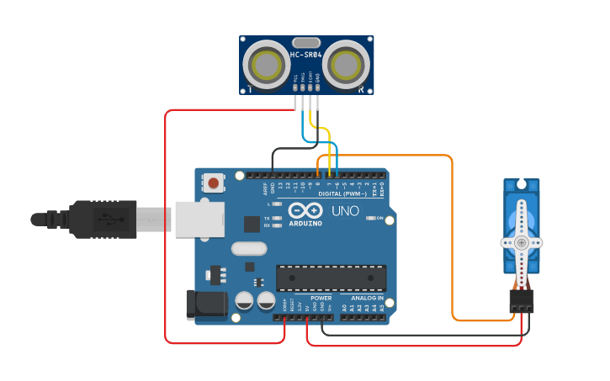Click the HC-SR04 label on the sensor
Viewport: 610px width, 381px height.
pos(305,55)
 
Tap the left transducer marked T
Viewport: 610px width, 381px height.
pos(267,65)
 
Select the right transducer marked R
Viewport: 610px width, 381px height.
pos(346,65)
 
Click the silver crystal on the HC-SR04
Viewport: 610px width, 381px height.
pos(305,42)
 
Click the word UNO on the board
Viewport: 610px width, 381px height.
pos(344,210)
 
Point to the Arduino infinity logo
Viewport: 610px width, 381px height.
pos(305,209)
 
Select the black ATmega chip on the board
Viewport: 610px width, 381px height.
pos(331,278)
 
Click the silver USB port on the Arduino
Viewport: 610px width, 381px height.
pos(199,220)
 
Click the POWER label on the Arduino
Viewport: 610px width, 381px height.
pos(321,298)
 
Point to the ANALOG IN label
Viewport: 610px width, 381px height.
pos(368,298)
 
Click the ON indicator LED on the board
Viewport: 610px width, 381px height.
pos(371,219)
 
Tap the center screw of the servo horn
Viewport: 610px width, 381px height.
pos(521,242)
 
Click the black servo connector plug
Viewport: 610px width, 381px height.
pos(521,300)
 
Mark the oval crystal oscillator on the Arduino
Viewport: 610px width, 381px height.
pos(248,248)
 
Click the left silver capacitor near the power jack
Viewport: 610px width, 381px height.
pos(245,300)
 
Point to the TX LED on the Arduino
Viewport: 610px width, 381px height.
pos(277,217)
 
